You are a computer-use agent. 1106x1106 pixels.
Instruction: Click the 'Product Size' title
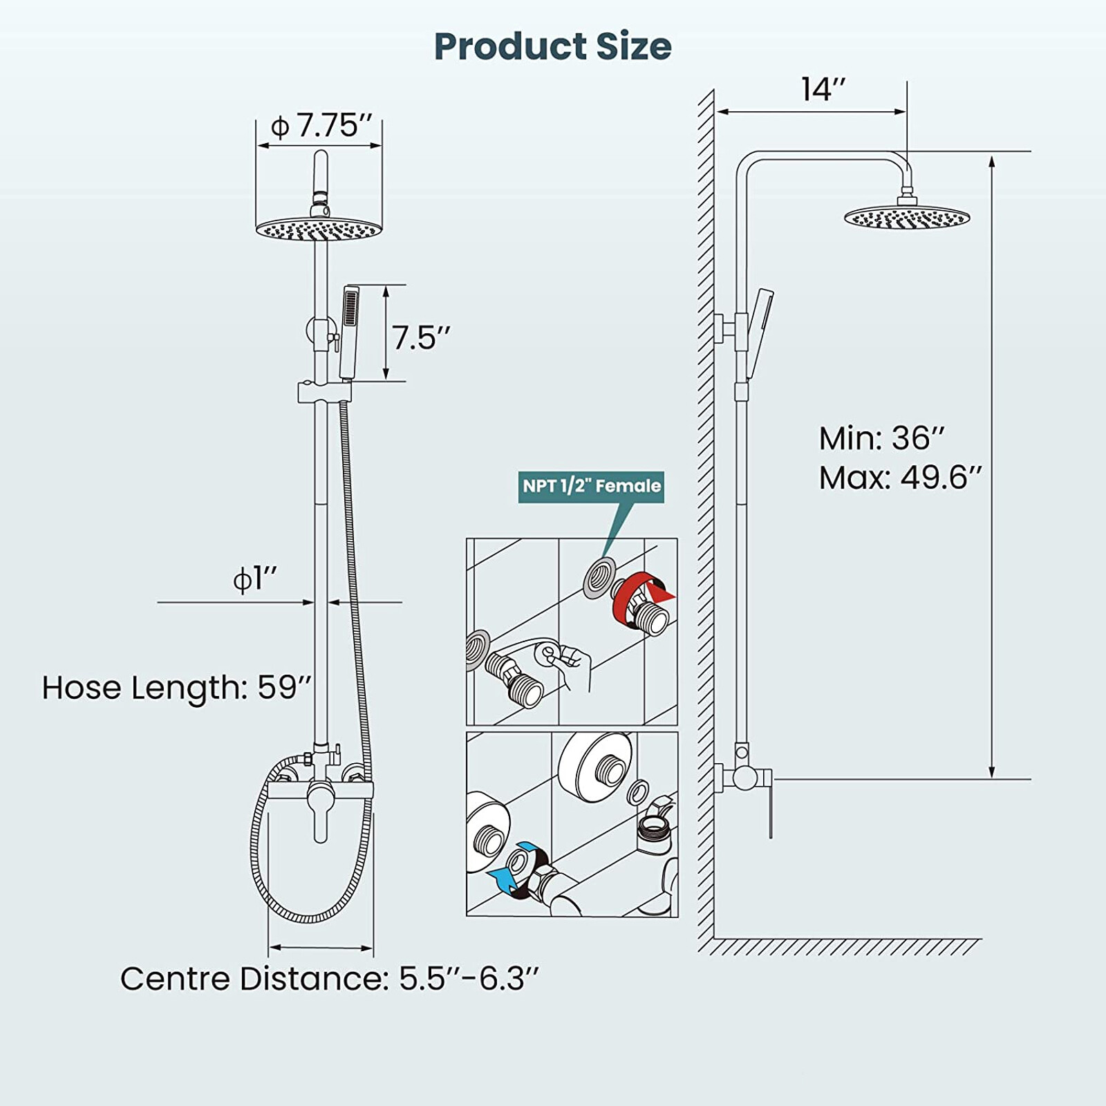click(552, 46)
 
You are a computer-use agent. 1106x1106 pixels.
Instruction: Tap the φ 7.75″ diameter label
click(321, 126)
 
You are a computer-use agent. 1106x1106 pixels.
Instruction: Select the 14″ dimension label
click(823, 89)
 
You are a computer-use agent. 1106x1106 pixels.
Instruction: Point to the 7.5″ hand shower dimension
click(421, 338)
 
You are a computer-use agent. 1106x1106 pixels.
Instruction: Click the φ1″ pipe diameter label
click(255, 579)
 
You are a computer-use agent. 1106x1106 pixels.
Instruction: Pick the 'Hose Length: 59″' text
click(177, 688)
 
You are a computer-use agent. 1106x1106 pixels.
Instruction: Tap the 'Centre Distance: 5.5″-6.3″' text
click(329, 979)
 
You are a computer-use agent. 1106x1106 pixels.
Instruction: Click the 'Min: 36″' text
click(881, 438)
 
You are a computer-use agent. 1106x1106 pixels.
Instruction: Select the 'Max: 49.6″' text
click(900, 478)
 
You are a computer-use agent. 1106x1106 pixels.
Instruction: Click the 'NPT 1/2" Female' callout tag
click(591, 486)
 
